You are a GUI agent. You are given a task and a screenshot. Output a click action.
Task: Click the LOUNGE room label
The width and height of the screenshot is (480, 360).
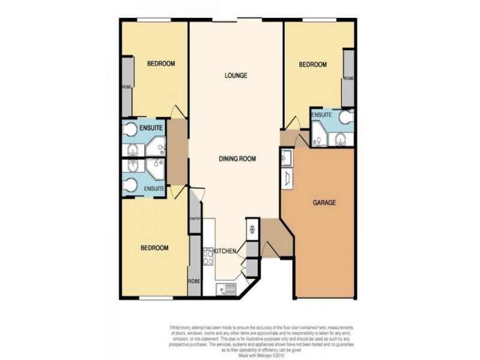pyautogui.click(x=236, y=76)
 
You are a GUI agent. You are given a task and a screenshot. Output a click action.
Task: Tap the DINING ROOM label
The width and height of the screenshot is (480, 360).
pyautogui.click(x=237, y=159)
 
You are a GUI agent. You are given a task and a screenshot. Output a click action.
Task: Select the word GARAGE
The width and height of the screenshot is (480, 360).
pyautogui.click(x=324, y=203)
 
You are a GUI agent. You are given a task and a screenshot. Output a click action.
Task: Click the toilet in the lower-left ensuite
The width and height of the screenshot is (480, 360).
pyautogui.click(x=129, y=185)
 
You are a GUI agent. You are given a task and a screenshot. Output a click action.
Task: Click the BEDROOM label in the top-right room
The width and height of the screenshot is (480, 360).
pyautogui.click(x=313, y=65)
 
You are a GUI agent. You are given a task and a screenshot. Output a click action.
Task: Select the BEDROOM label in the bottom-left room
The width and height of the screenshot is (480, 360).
pyautogui.click(x=154, y=248)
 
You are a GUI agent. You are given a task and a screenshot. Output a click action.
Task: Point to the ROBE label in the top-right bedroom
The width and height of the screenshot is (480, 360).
pyautogui.click(x=348, y=79)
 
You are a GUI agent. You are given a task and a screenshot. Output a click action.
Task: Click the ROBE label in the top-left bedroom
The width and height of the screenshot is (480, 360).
pyautogui.click(x=127, y=87)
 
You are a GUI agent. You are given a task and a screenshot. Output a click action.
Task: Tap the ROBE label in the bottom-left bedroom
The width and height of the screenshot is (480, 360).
pyautogui.click(x=194, y=281)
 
